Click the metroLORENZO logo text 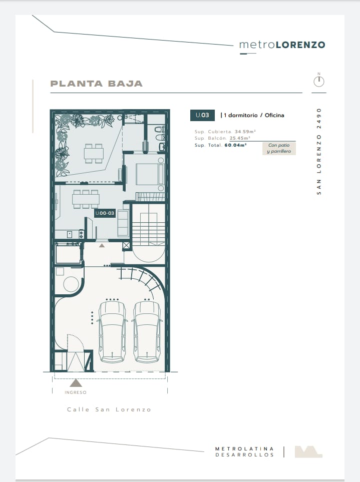click(282, 45)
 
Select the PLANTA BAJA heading click(97, 84)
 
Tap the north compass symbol click(319, 81)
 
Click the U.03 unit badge click(202, 115)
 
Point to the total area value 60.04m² click(235, 145)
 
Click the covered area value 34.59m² click(245, 132)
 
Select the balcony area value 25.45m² click(240, 138)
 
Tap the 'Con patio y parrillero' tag click(279, 148)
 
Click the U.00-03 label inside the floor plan click(105, 213)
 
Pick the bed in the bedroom click(150, 174)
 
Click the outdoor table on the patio click(94, 153)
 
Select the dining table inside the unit click(86, 199)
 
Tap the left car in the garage click(112, 331)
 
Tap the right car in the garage click(147, 331)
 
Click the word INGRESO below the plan click(75, 392)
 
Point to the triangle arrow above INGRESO click(76, 383)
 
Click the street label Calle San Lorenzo click(109, 409)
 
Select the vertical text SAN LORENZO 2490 click(319, 151)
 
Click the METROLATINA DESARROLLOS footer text click(244, 452)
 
